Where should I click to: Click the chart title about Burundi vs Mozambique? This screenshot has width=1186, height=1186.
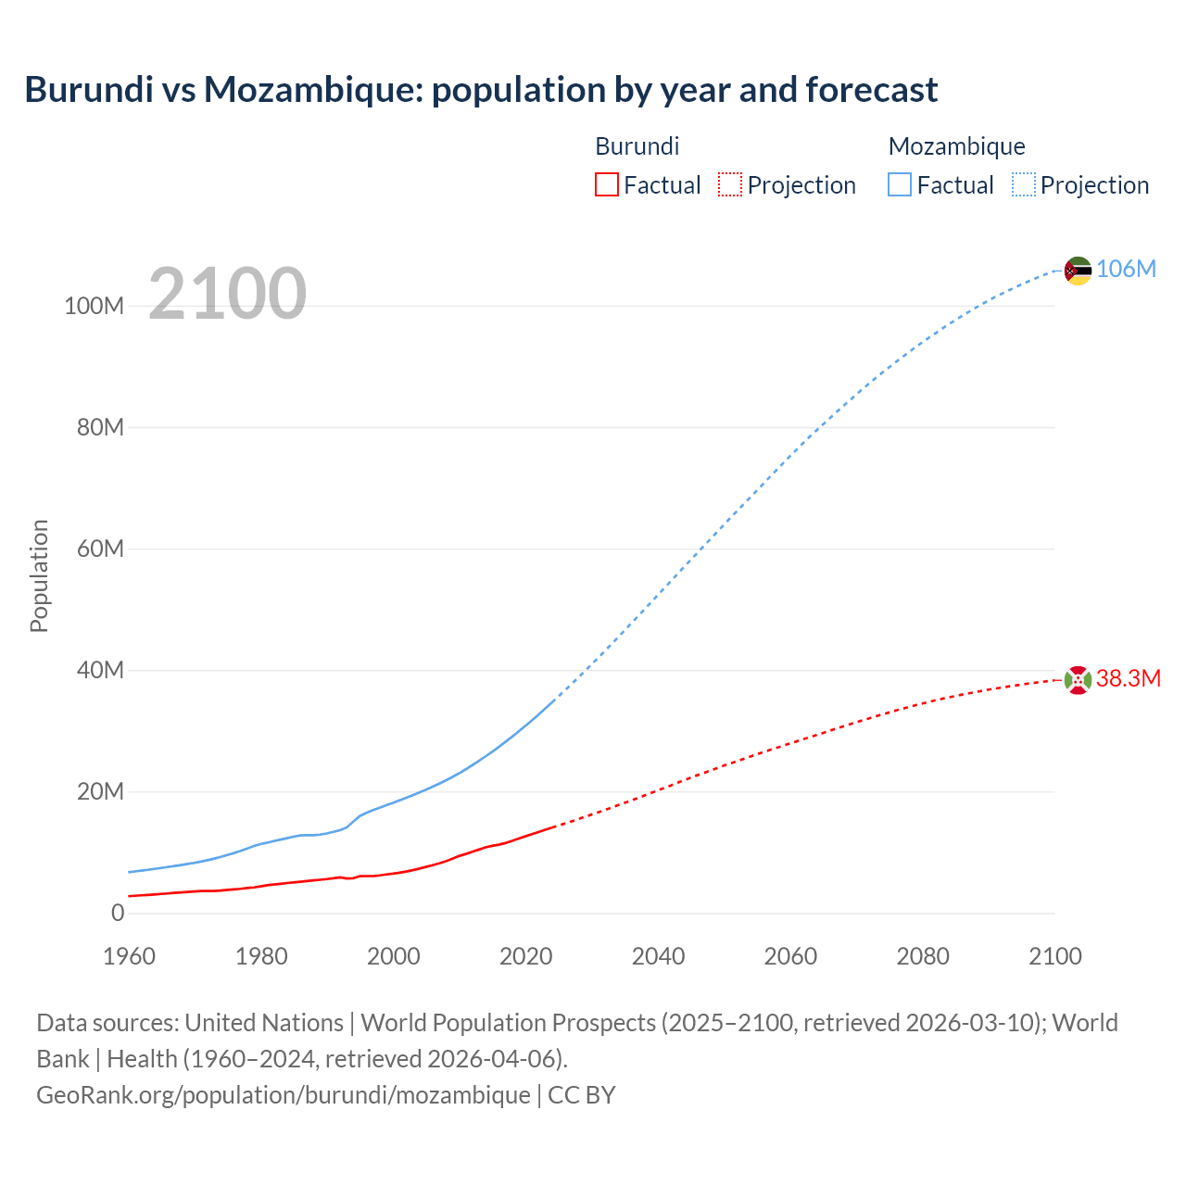coord(481,90)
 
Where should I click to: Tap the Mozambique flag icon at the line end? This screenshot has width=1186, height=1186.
coord(1078,271)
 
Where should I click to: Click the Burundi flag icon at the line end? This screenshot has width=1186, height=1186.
coord(1078,680)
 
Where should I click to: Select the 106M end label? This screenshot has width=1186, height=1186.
coord(1126,269)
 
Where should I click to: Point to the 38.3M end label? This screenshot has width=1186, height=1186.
coord(1128,679)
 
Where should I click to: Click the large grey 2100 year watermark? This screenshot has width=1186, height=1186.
coord(227,294)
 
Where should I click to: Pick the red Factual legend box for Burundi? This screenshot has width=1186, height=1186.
coord(606,184)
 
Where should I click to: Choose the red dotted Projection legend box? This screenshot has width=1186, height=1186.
coord(730,184)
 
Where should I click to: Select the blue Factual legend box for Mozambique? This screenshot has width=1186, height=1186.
coord(900,184)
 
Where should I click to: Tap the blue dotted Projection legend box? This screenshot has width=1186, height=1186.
coord(1024,184)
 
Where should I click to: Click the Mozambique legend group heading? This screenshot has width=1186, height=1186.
coord(956,146)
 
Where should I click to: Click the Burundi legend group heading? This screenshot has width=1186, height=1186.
coord(637,146)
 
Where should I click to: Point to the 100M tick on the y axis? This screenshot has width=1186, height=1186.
coord(94,307)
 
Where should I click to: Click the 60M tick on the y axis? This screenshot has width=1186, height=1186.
coord(99,549)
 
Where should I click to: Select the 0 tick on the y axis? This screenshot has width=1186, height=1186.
coord(118,913)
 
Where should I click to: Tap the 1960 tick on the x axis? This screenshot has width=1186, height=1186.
coord(129,956)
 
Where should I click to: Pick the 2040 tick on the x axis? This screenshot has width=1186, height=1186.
coord(658,956)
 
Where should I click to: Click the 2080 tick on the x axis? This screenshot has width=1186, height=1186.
coord(923,956)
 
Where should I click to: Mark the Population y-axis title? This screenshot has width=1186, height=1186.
coord(39,575)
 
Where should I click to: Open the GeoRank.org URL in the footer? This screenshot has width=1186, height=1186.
coord(283,1095)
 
